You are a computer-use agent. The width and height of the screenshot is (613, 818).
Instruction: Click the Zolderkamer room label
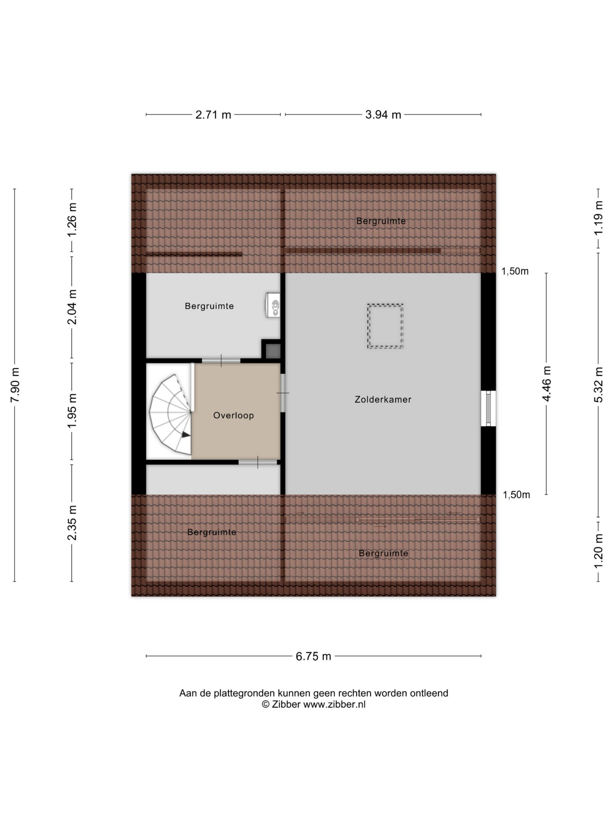coord(383,399)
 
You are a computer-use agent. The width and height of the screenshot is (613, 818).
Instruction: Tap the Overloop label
coord(233,415)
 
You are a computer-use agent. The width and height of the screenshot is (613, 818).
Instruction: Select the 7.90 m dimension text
coord(15,385)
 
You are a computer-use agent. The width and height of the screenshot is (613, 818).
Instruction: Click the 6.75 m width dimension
coord(313,656)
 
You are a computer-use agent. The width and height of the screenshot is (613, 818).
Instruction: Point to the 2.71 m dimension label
coord(213,115)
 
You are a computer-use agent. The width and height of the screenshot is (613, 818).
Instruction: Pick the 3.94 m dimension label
coord(383,115)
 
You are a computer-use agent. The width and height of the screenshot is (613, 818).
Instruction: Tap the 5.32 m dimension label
coord(598,385)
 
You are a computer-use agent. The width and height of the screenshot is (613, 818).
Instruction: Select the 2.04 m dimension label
coord(72,307)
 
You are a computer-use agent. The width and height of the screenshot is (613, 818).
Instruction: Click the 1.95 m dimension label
coord(72,411)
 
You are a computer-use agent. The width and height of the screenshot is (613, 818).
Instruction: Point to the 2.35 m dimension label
coord(72,523)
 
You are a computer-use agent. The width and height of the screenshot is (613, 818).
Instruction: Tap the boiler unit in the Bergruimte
coord(273,305)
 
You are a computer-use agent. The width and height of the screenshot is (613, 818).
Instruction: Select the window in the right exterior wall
coord(488,409)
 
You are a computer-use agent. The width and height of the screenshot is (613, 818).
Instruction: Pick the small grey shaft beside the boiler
coord(273,351)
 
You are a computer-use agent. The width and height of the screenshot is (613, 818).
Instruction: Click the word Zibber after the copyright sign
coord(286,705)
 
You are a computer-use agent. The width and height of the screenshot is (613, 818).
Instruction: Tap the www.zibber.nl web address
coord(334,705)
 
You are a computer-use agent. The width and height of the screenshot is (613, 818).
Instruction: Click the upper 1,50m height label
coord(515,271)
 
